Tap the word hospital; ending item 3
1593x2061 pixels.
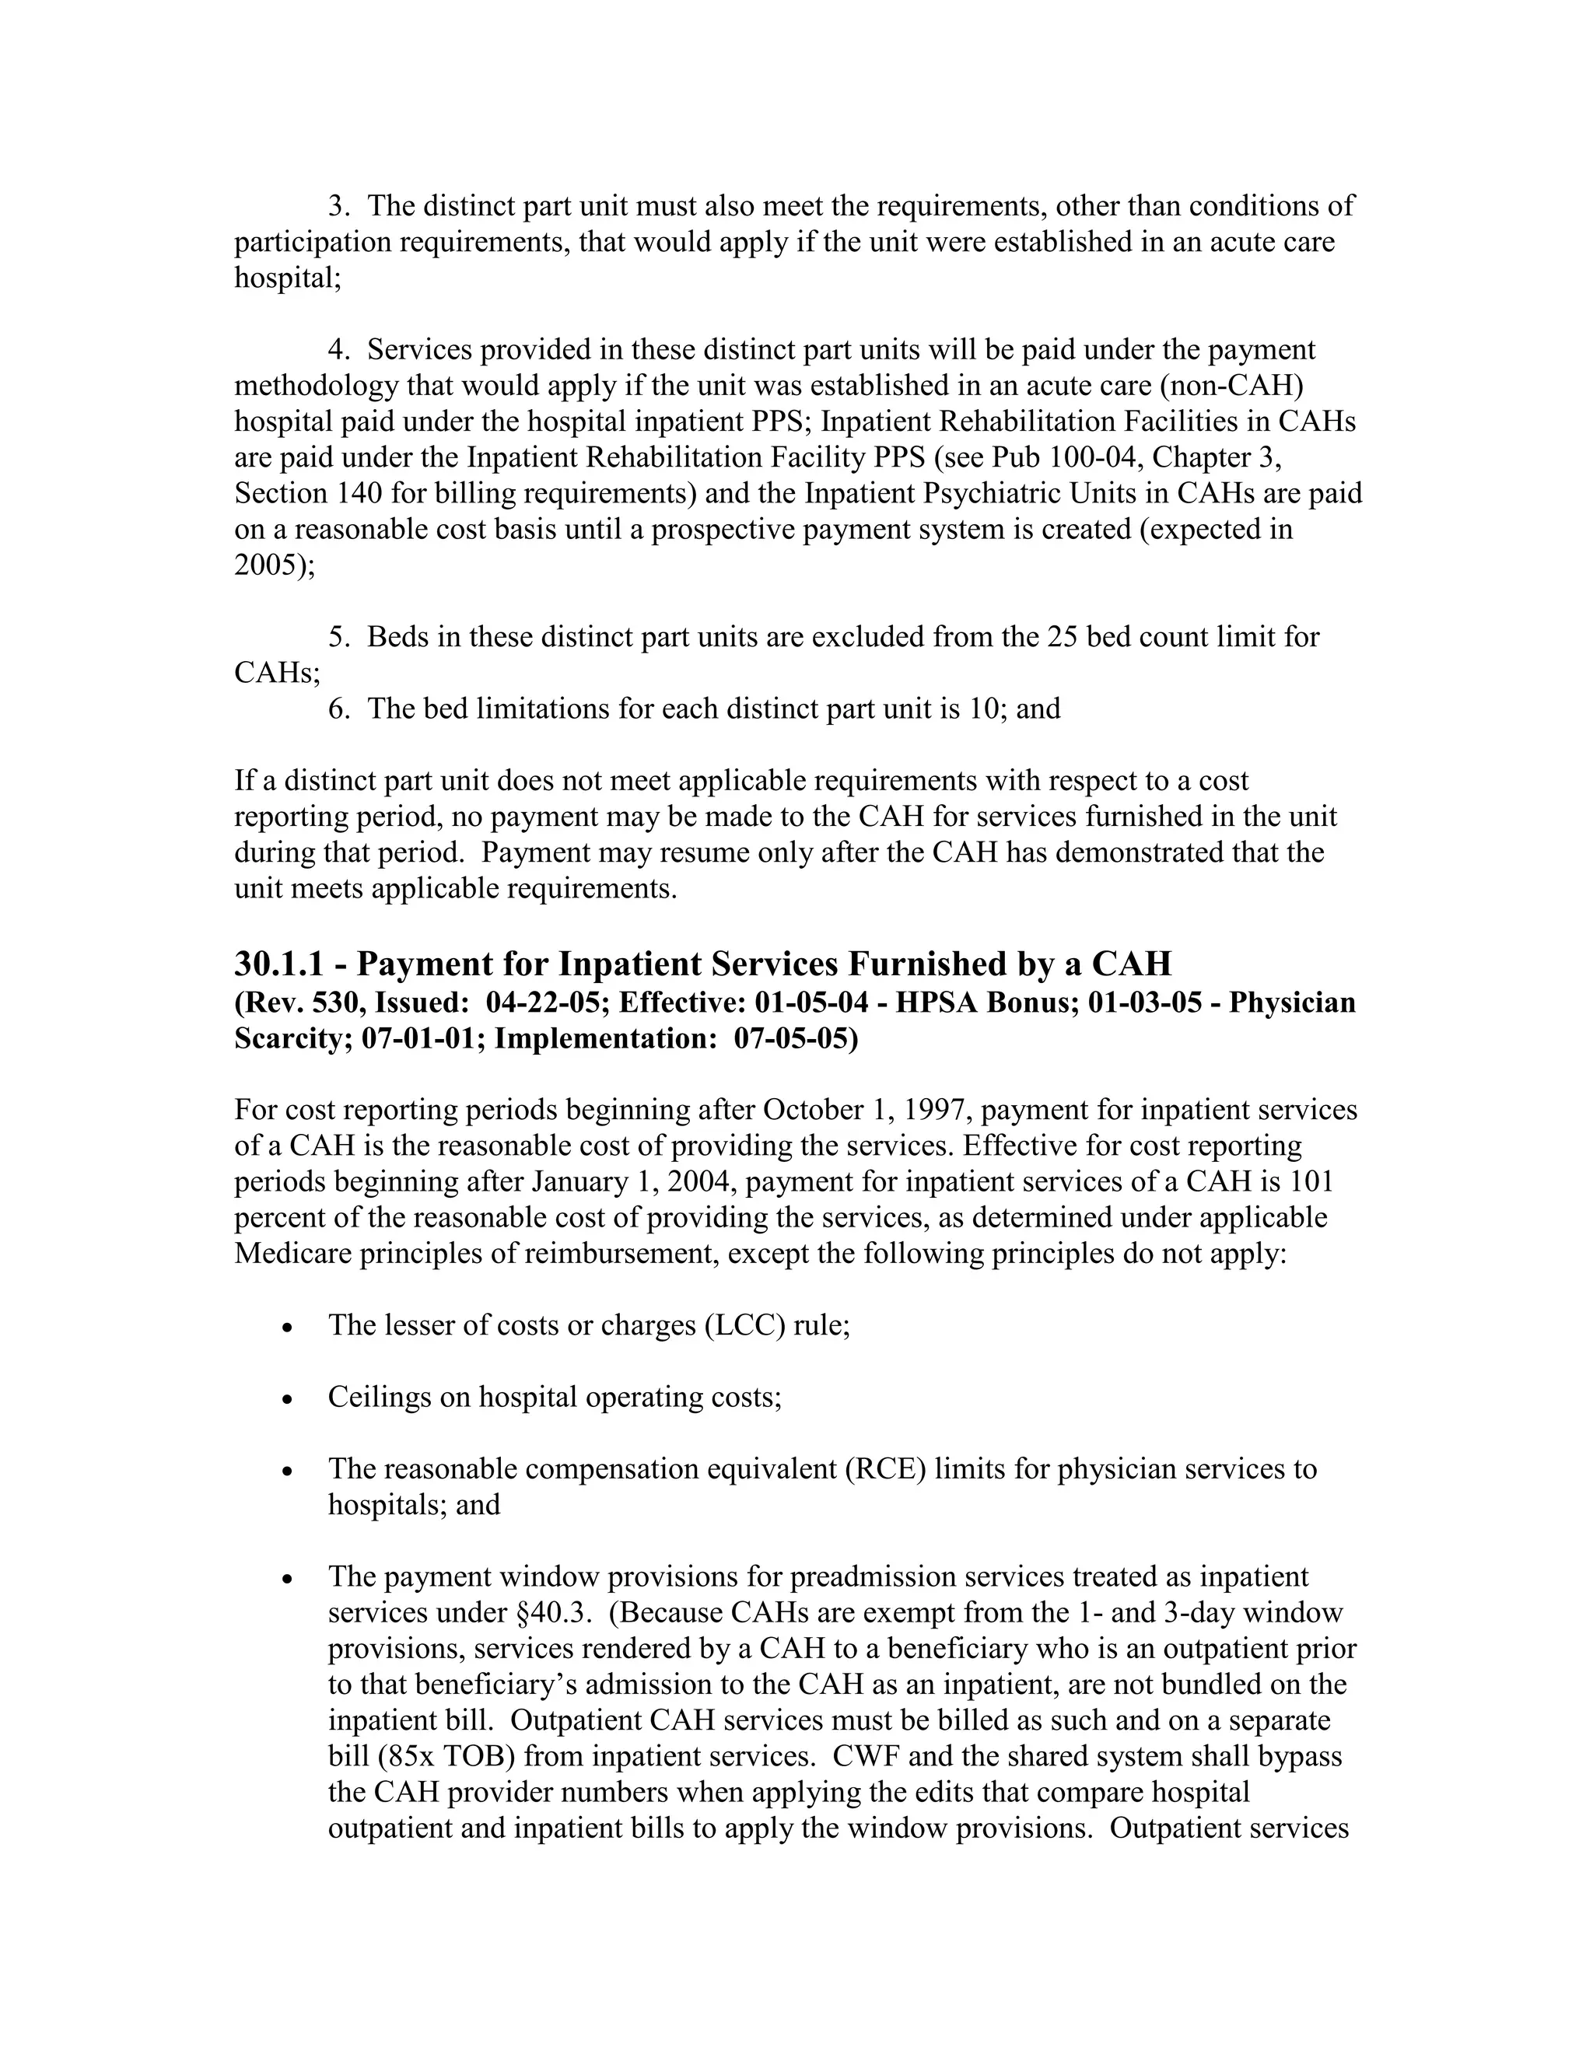[287, 278]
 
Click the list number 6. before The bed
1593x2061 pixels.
[339, 708]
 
